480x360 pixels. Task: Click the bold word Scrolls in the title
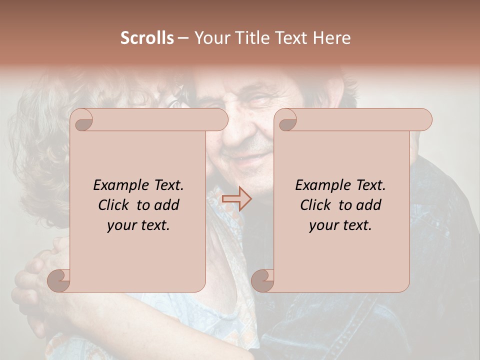(x=147, y=38)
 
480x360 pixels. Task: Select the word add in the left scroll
(x=166, y=205)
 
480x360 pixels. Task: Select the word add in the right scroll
(x=368, y=205)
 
